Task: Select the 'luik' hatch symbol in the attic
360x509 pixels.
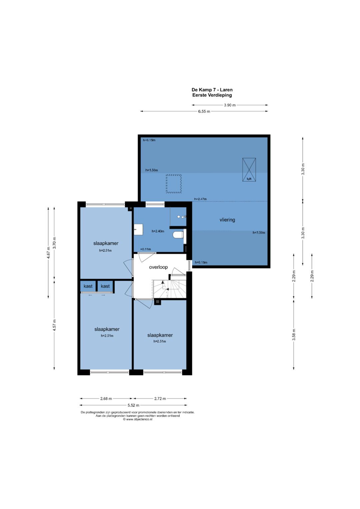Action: click(x=249, y=170)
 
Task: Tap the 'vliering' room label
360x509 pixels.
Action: click(x=227, y=220)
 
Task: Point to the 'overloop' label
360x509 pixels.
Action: click(x=158, y=267)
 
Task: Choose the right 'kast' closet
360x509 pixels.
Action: click(x=105, y=286)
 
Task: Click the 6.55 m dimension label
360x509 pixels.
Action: click(x=204, y=111)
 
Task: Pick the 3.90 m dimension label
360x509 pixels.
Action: click(x=230, y=105)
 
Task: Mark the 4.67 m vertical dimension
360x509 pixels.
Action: click(x=48, y=252)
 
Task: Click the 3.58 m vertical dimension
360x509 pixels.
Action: click(x=294, y=334)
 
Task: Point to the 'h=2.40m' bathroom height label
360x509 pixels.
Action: click(x=158, y=231)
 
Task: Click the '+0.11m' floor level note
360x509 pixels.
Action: click(x=145, y=249)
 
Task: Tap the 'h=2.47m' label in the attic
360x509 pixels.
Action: click(x=200, y=199)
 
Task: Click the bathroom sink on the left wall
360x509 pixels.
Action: click(x=138, y=230)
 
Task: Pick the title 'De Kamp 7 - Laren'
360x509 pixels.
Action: click(x=212, y=90)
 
